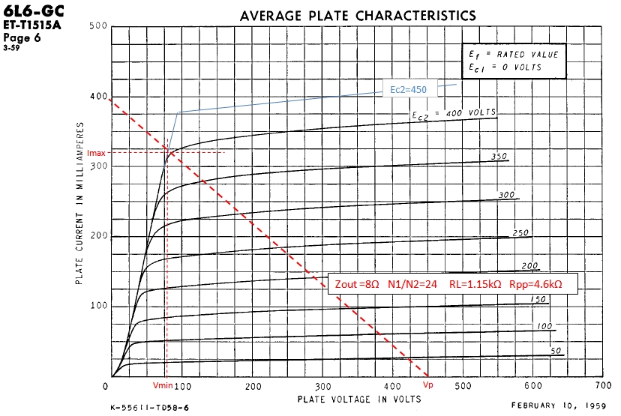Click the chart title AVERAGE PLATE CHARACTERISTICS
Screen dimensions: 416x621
coord(357,15)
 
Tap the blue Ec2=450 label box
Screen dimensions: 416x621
coord(409,88)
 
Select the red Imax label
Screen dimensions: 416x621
coord(97,152)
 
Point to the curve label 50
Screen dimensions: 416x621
coord(555,350)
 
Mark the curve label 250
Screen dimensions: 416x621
coord(520,233)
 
